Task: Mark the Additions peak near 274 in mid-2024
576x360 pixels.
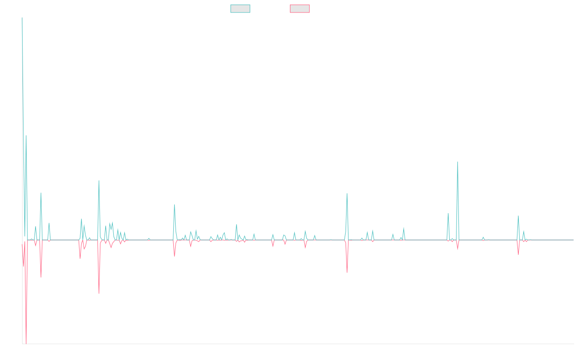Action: tap(457, 162)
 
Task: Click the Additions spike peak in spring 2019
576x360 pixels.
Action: tap(99, 180)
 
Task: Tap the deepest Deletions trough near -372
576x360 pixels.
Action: tap(26, 343)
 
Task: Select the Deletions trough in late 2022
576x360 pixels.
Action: tap(347, 273)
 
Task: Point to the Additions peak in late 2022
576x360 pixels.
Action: tap(347, 193)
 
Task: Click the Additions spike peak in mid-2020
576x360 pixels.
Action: tap(174, 204)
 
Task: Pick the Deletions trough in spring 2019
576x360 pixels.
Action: tap(99, 293)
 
